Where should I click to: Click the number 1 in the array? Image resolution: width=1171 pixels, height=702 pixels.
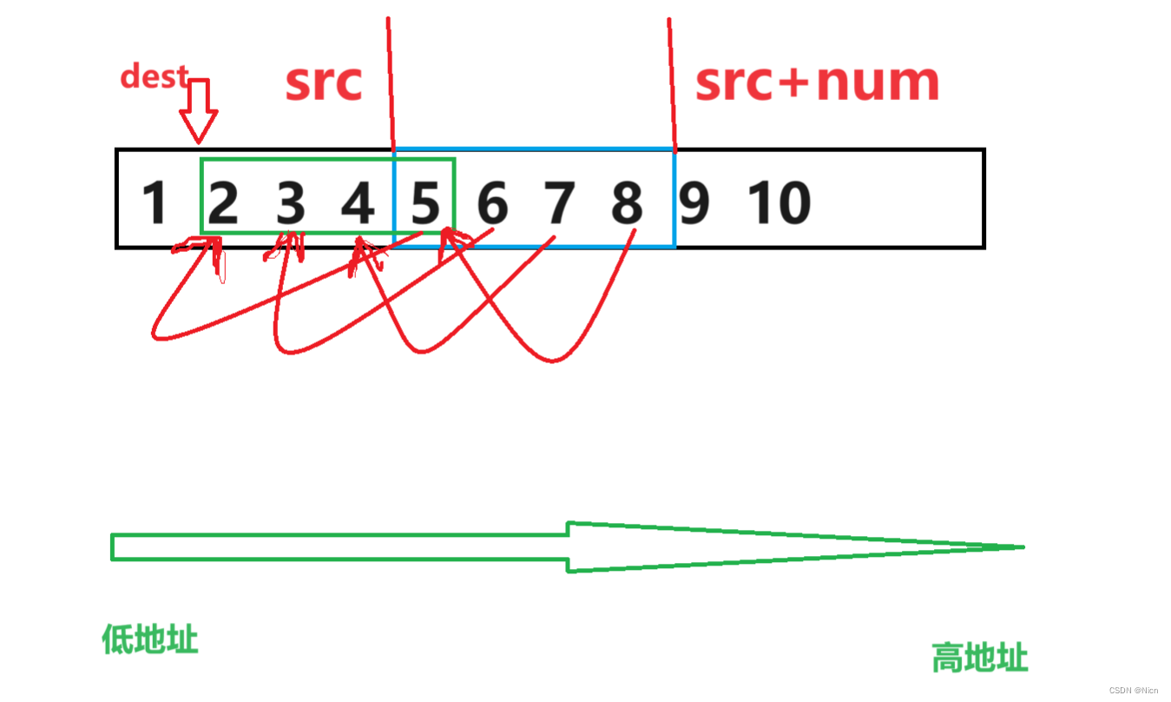tap(155, 202)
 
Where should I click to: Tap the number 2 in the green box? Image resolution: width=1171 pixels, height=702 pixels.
tap(223, 202)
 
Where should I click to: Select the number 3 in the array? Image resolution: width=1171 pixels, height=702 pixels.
tap(291, 202)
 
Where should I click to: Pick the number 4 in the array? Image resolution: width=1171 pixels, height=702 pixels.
tap(358, 202)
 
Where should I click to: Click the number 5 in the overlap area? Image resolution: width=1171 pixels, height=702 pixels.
tap(425, 202)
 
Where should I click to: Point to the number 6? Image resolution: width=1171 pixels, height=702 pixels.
tap(492, 202)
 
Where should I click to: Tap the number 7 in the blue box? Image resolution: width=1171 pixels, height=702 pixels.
tap(560, 202)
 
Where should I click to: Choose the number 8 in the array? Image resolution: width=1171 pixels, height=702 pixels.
tap(627, 202)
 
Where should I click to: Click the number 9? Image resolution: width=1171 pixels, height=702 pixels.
tap(694, 202)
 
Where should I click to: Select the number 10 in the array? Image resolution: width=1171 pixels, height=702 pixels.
tap(780, 202)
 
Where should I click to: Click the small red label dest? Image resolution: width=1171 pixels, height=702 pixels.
tap(154, 76)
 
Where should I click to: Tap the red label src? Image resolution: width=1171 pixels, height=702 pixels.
tap(323, 83)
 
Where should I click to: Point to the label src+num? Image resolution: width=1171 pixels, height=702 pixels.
tap(817, 83)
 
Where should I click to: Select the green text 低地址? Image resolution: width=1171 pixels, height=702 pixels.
tap(150, 640)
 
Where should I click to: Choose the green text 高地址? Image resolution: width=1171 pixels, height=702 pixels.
tap(979, 658)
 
